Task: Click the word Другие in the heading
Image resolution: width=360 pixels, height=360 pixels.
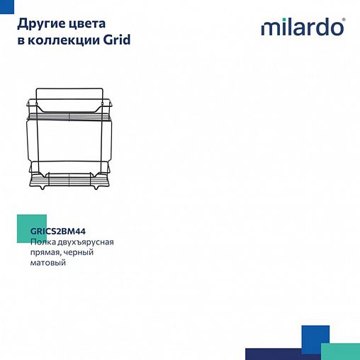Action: (x=38, y=24)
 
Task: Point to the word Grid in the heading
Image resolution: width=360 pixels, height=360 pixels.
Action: (x=118, y=40)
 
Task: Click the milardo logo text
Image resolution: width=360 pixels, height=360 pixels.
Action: (x=301, y=28)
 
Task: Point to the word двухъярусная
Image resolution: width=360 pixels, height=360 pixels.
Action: (x=86, y=242)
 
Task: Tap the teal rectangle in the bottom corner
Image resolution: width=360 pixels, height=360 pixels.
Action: (x=340, y=351)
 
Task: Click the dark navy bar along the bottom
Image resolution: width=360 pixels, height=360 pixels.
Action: (x=280, y=354)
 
